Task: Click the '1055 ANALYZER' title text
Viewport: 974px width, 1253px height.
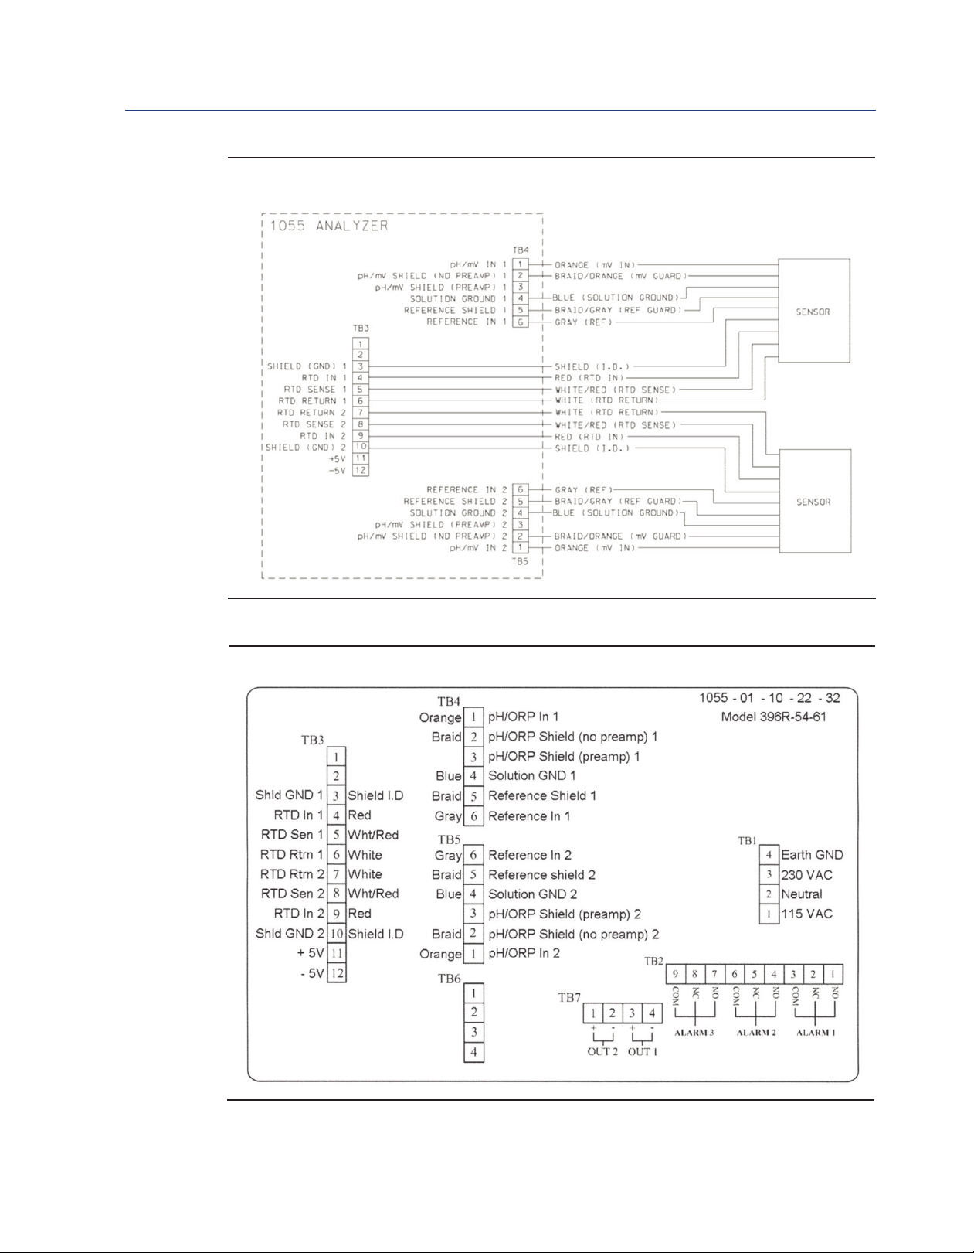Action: click(x=329, y=226)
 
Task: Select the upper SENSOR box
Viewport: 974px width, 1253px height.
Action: click(x=813, y=312)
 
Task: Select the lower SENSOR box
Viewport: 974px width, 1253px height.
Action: click(x=813, y=502)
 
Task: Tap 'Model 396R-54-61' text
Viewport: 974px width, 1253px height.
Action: click(x=773, y=717)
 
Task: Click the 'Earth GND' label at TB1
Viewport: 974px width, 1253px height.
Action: click(x=812, y=855)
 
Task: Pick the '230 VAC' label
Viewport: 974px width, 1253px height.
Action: click(x=806, y=875)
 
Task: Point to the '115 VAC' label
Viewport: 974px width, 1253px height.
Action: click(x=806, y=914)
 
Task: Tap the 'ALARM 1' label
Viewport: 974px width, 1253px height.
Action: click(x=816, y=1033)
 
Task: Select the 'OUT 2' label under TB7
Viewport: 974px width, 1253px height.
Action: click(x=602, y=1051)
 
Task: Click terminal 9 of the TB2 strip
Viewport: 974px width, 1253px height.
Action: click(x=675, y=974)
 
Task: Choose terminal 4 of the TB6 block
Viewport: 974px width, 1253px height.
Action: click(x=474, y=1052)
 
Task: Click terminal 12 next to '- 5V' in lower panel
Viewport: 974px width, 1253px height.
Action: click(x=337, y=973)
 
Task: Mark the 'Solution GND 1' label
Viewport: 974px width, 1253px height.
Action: click(x=531, y=775)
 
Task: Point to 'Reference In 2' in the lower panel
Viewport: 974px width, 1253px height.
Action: click(x=530, y=855)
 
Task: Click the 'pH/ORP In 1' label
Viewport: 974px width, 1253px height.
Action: click(x=523, y=717)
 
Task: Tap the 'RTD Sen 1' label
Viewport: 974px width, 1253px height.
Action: click(x=292, y=835)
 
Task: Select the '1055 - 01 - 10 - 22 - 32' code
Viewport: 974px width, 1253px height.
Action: click(x=769, y=697)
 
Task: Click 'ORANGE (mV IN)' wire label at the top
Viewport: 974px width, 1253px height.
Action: click(x=596, y=265)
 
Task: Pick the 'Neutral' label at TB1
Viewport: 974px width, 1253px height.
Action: click(x=801, y=894)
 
